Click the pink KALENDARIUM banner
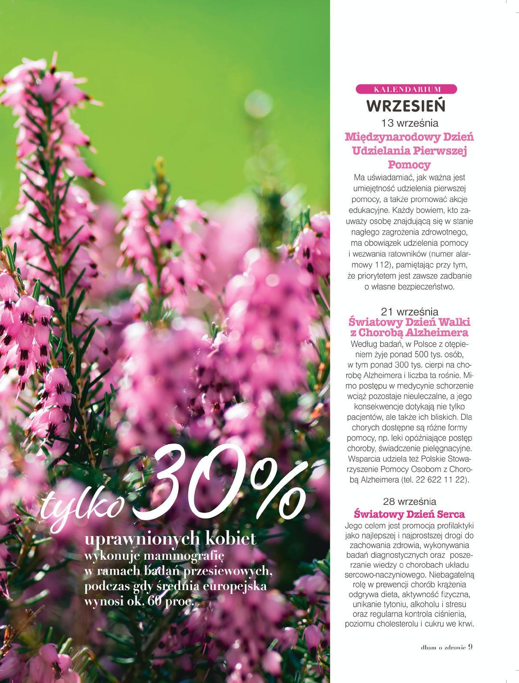(406, 89)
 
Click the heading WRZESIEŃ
(406, 105)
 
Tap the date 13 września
(409, 123)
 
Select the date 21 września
(409, 311)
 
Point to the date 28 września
(409, 501)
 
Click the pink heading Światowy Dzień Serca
(409, 514)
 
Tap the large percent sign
(274, 492)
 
